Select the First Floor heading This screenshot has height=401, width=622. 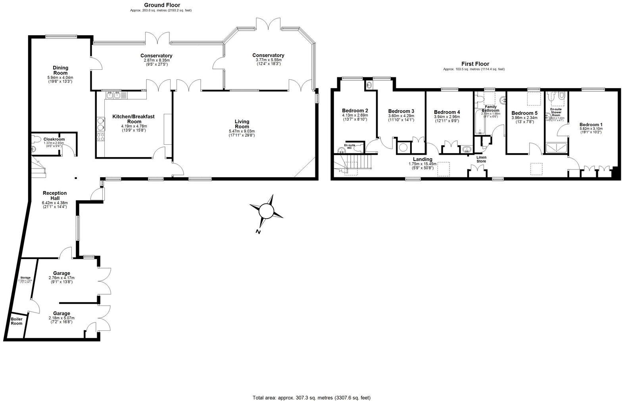[475, 64]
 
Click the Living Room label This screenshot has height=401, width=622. [242, 124]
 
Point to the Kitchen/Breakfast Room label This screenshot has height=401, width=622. [133, 119]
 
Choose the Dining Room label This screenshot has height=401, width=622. [60, 70]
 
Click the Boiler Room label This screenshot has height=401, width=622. [17, 321]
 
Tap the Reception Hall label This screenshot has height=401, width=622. [55, 196]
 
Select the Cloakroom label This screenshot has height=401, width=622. [54, 140]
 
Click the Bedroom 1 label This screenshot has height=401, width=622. [591, 124]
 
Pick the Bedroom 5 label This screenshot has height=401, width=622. [524, 113]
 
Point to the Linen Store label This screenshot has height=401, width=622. [481, 159]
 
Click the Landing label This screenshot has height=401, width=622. [422, 159]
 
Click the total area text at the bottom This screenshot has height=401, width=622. [311, 397]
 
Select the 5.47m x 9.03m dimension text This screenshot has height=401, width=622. [242, 131]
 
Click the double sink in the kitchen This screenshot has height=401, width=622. [114, 95]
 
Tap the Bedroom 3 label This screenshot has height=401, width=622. [401, 111]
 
